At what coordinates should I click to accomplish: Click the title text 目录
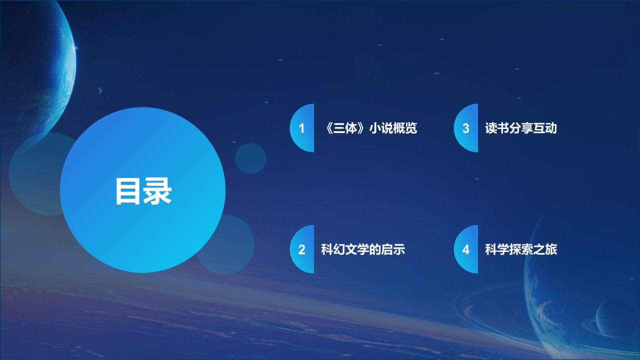143,191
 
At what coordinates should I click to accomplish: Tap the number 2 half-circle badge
302,249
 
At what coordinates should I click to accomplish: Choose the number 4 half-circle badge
466,249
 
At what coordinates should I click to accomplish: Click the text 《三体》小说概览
369,128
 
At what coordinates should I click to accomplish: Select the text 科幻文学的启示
362,249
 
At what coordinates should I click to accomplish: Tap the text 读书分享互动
520,128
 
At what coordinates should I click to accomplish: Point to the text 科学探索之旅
520,249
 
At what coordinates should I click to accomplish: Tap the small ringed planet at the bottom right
616,317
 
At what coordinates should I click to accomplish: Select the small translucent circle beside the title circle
250,158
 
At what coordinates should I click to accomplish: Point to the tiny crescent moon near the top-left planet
99,90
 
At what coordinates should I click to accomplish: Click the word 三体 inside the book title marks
346,128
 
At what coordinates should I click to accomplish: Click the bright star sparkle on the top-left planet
76,48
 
